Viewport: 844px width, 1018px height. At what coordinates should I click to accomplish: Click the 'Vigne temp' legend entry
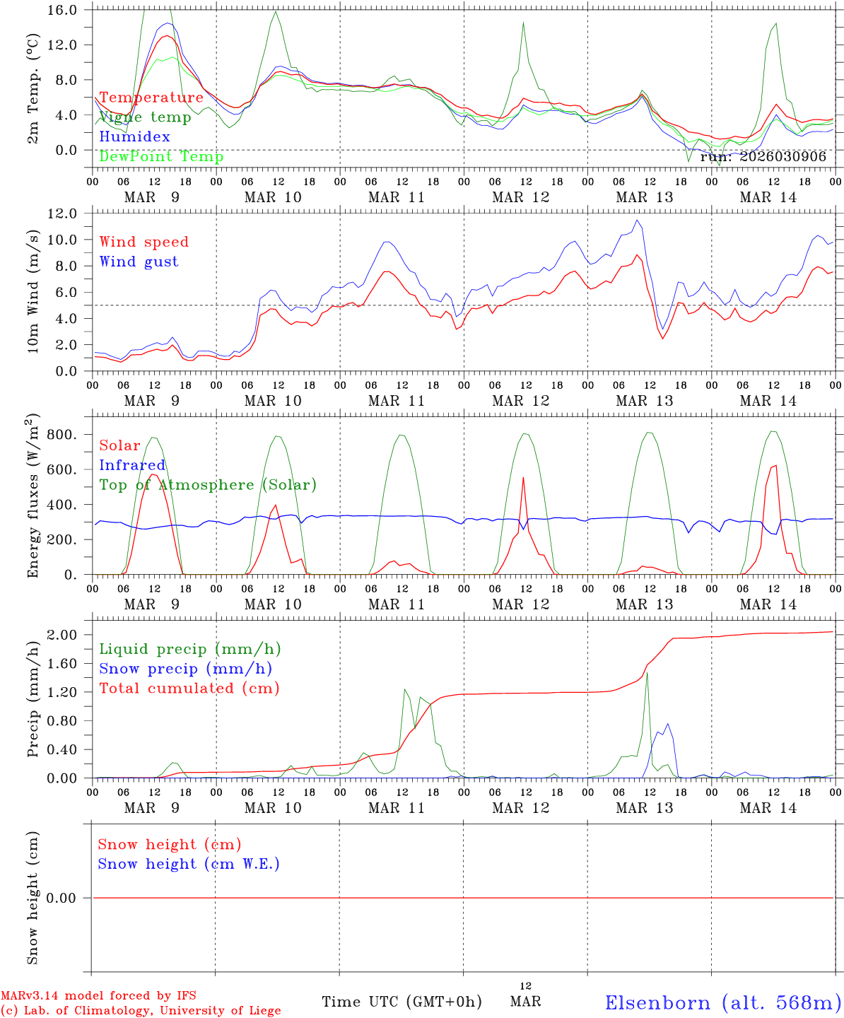click(145, 117)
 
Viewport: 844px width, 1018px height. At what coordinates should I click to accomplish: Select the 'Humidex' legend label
click(134, 137)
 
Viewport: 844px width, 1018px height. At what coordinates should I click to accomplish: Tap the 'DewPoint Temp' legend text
click(161, 157)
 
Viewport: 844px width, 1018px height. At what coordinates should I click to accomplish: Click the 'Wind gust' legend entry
click(139, 262)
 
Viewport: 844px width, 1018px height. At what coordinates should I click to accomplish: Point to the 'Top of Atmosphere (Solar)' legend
click(208, 485)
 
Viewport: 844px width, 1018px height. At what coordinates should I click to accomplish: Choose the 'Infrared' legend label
click(132, 465)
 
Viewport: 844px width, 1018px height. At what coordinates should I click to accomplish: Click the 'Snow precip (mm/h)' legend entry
click(185, 669)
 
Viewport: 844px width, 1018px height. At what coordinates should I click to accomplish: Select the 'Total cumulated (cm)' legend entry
click(189, 689)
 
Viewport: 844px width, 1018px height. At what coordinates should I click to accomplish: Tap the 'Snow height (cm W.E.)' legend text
click(188, 864)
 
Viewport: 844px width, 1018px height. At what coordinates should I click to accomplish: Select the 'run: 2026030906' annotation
click(763, 157)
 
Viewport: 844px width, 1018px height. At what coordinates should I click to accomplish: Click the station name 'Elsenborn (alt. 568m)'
click(722, 1002)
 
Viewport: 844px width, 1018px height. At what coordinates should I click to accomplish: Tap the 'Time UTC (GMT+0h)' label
click(402, 1002)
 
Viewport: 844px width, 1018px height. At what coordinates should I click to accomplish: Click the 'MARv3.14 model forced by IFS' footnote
click(98, 996)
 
